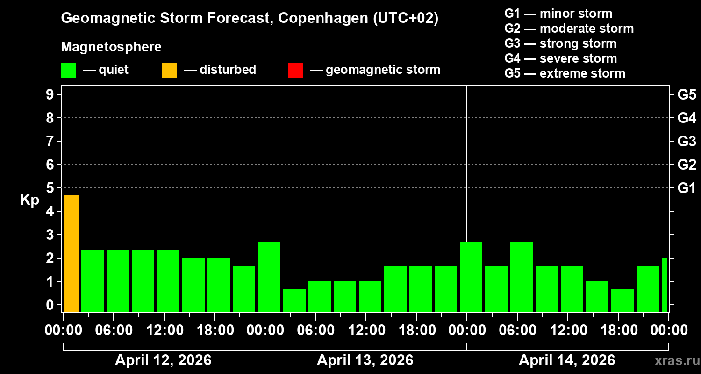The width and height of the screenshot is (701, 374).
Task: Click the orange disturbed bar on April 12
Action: (71, 253)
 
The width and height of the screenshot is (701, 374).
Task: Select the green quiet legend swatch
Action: (68, 70)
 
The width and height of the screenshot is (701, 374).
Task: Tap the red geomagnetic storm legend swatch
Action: (295, 70)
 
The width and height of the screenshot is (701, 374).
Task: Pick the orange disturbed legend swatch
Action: (169, 70)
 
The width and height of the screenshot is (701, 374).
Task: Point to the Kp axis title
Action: (29, 200)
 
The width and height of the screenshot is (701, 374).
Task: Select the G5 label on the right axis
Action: (687, 94)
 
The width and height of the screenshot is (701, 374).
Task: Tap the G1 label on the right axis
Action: (687, 188)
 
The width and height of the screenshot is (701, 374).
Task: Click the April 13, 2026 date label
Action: (365, 360)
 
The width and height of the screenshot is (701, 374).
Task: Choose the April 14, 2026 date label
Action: (567, 360)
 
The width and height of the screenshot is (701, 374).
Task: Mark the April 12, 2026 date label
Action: (163, 360)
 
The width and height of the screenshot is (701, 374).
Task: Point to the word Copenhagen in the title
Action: (322, 19)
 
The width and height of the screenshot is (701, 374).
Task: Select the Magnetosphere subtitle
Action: (111, 47)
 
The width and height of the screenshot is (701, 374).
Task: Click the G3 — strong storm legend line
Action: (560, 43)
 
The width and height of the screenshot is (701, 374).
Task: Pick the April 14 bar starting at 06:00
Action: (521, 277)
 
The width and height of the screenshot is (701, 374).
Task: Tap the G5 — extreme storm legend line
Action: (565, 73)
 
